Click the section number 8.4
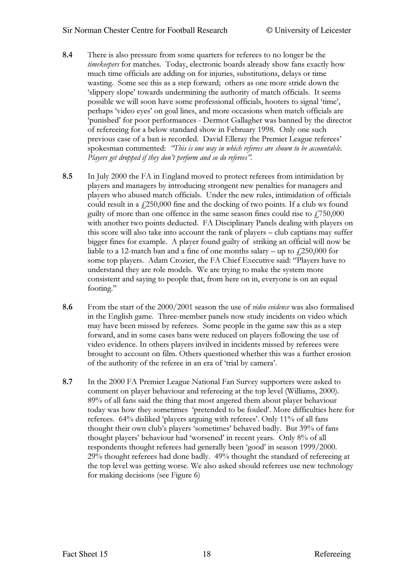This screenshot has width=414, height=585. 68,55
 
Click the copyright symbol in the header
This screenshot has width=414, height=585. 269,31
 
